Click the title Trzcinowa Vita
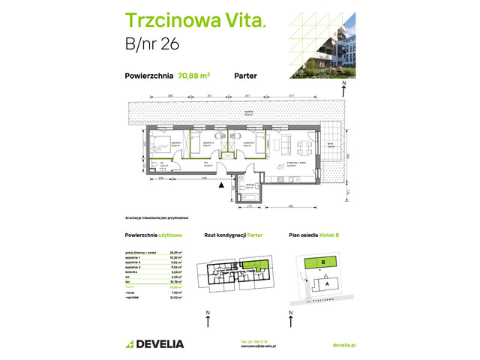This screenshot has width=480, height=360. [x=192, y=21]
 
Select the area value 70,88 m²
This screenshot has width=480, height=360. [x=193, y=75]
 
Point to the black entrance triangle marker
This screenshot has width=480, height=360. [x=220, y=184]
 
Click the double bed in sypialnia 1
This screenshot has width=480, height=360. [x=160, y=144]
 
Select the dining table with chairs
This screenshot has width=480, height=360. [x=302, y=144]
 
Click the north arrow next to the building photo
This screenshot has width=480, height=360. [x=343, y=88]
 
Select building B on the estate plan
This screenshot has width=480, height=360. [x=322, y=262]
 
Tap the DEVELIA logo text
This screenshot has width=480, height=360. [x=154, y=344]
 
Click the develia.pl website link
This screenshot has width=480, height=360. [x=343, y=344]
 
